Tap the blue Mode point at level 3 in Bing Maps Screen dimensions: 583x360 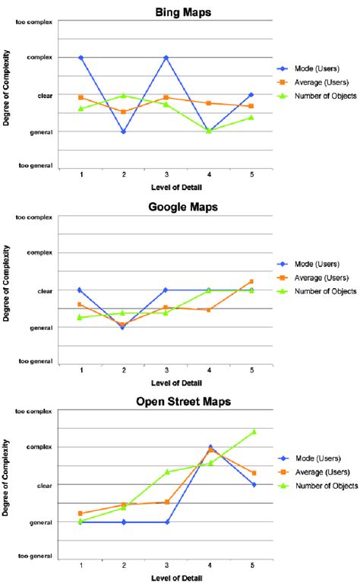click(166, 57)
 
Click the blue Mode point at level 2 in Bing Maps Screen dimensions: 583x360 click(123, 131)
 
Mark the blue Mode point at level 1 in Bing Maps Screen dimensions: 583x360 click(80, 57)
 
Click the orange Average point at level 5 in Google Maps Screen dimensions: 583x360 click(251, 281)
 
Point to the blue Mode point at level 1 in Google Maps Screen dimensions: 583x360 click(80, 290)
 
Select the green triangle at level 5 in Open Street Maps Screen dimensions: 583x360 click(252, 432)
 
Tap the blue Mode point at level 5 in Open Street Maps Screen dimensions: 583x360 click(252, 484)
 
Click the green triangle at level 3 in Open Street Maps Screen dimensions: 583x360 click(166, 472)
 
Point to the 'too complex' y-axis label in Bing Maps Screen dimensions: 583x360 click(34, 21)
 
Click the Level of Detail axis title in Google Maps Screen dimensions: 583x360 click(166, 382)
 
